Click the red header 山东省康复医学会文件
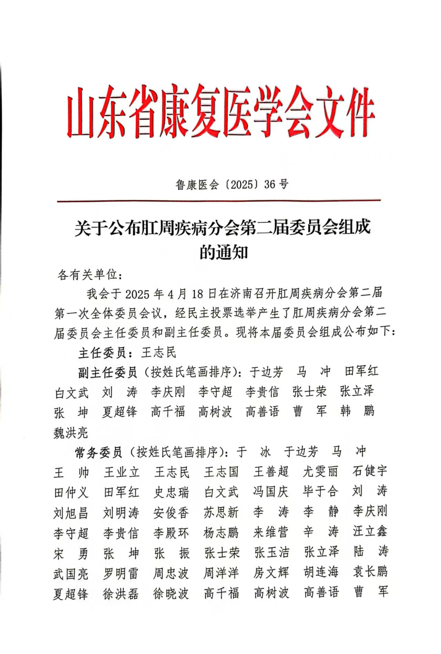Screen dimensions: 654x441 tap(221, 112)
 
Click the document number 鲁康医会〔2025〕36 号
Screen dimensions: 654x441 tap(232, 185)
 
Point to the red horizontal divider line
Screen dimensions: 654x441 tap(219, 201)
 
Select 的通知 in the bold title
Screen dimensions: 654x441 tap(224, 253)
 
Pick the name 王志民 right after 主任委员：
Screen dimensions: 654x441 tap(159, 352)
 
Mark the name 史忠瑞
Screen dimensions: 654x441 tap(171, 492)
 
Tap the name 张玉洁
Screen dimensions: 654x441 tap(271, 552)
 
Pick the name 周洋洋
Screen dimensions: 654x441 tap(221, 573)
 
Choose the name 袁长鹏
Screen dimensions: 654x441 tap(370, 572)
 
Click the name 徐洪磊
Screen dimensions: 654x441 tap(121, 593)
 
